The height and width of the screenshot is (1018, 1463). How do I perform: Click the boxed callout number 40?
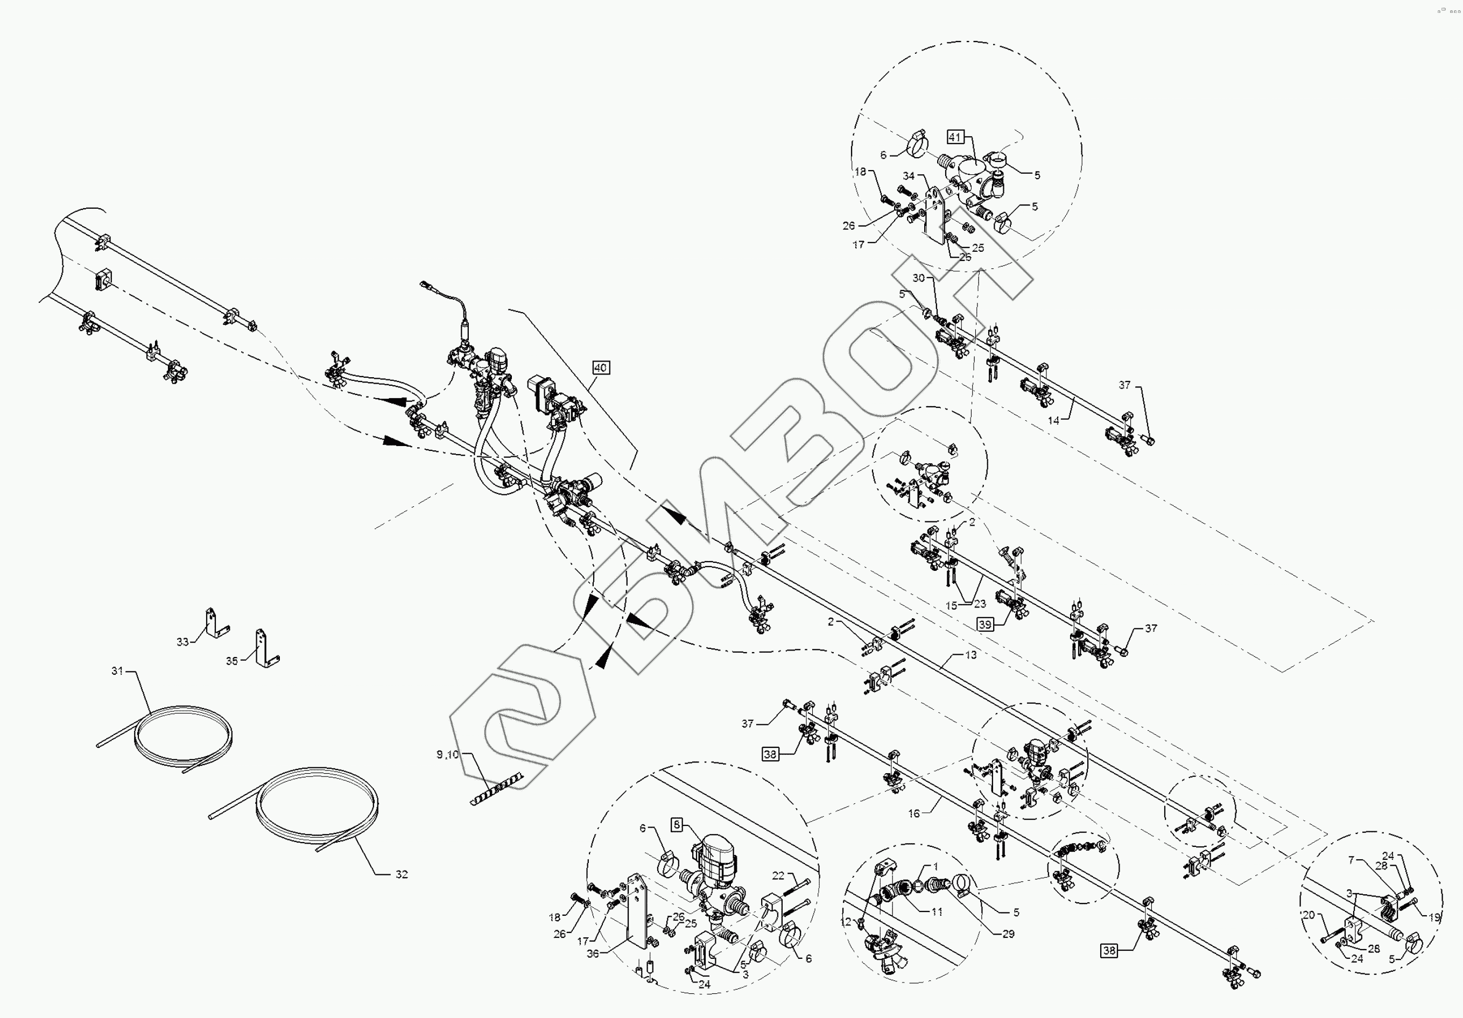click(600, 367)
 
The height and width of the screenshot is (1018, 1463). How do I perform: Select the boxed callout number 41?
click(954, 137)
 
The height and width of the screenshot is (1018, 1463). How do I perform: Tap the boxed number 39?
click(985, 625)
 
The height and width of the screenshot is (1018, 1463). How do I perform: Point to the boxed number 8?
click(677, 825)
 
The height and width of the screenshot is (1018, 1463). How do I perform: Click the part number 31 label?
click(117, 671)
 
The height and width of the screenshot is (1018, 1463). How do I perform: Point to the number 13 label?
click(970, 655)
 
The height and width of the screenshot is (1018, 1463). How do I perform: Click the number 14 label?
click(1054, 420)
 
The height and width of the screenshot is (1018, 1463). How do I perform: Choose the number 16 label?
click(914, 814)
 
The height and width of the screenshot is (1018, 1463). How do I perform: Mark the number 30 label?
click(918, 278)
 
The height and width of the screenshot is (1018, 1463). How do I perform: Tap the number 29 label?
click(1008, 934)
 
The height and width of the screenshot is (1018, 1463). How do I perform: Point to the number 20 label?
click(1308, 915)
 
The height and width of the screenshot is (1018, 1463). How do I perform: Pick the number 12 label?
click(846, 922)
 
